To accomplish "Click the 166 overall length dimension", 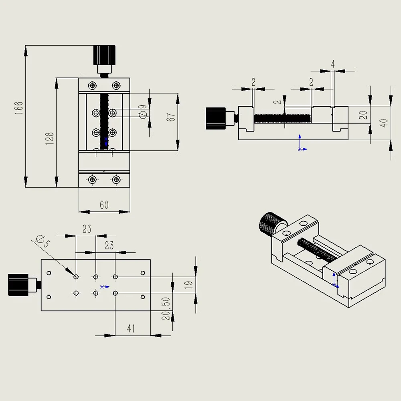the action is click(x=19, y=107).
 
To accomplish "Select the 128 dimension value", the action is click(x=50, y=139).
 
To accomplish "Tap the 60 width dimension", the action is click(x=104, y=205).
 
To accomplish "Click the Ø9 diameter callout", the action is click(x=143, y=111).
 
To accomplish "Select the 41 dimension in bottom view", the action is click(x=131, y=328).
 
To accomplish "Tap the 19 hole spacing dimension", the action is click(x=188, y=285).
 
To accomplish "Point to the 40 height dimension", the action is click(x=384, y=123).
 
